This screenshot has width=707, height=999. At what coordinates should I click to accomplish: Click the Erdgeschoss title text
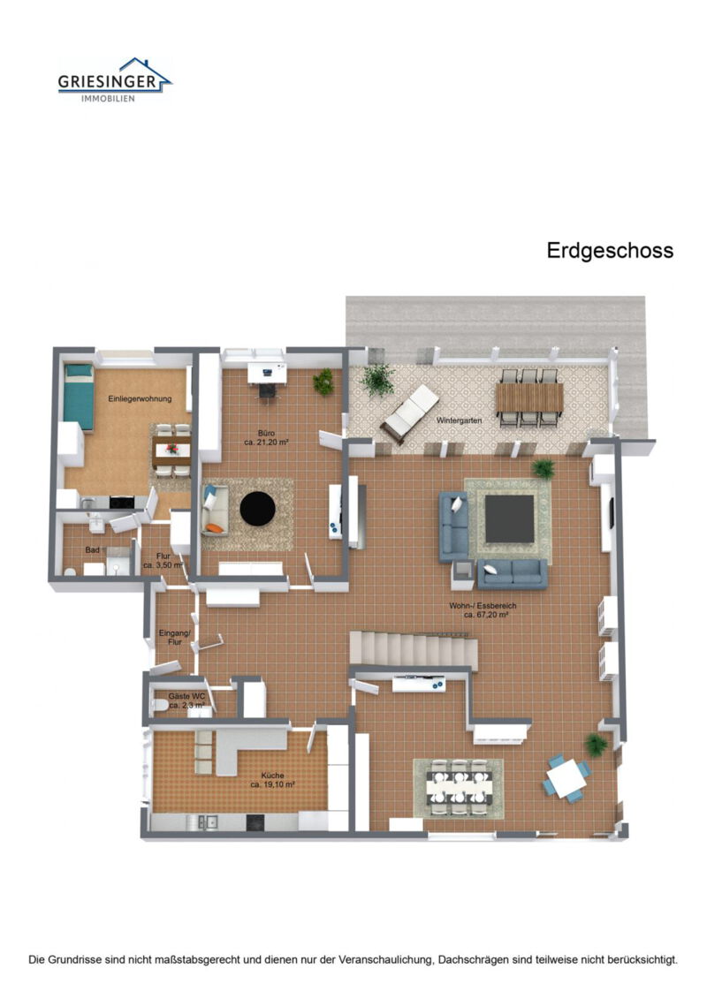point(610,251)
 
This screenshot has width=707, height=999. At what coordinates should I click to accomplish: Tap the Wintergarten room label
point(459,421)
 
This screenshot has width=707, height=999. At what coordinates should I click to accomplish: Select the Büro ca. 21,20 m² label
point(269,436)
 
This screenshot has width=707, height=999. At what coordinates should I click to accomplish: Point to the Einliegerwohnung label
point(140,399)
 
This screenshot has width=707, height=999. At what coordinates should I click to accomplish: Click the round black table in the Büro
point(258,509)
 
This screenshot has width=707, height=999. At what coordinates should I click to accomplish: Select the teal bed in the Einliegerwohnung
point(79,396)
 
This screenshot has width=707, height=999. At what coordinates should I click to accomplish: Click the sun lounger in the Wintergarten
point(410,413)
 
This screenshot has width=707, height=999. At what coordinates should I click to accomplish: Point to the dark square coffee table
point(510,519)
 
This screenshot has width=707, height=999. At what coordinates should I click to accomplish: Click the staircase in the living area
point(414,650)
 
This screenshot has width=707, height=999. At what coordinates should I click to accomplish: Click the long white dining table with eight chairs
point(458,787)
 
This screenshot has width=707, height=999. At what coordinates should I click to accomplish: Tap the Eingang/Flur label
point(171,638)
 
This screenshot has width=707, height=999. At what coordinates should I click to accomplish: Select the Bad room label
point(92,549)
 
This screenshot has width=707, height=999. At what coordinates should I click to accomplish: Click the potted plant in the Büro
point(323,382)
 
